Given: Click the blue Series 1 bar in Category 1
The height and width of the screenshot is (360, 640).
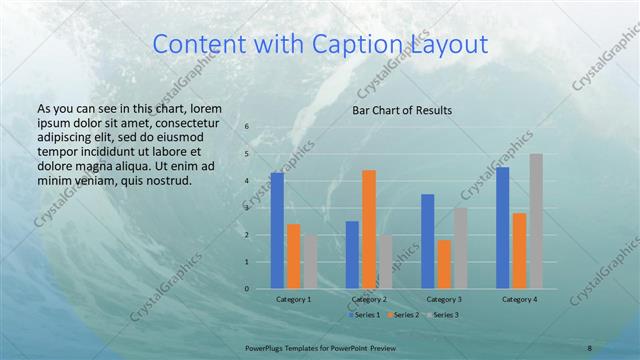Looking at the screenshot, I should pos(277,231).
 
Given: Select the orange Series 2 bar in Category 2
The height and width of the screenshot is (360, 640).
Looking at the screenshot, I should pos(369,229).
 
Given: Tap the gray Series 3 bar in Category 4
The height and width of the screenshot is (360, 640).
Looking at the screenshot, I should pos(536,221).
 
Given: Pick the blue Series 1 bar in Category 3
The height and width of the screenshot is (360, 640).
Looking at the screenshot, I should pos(428,241).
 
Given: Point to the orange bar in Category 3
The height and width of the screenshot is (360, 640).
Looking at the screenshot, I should pos(444,264).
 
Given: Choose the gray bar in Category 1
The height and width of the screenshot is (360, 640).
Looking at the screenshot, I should pos(310,262).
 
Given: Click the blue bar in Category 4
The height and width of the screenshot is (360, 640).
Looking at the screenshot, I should pos(503,228).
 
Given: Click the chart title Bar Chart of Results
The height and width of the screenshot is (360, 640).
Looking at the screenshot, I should pos(402,110).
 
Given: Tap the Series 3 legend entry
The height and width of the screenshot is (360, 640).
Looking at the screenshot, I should pos(442,315).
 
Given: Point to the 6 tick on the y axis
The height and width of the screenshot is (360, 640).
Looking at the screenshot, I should pos(247,127).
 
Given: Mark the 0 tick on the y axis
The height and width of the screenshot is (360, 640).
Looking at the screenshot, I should pos(247,289).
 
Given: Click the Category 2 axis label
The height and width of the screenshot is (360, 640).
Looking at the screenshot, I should pos(369,299).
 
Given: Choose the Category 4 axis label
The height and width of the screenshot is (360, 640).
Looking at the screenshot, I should pos(519,299).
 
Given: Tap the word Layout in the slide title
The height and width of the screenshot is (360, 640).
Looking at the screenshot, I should pos(448,44).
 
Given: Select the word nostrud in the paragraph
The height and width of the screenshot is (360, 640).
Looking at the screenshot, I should pos(167,181).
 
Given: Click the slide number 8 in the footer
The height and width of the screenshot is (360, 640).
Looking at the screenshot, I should pos(589,348).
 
